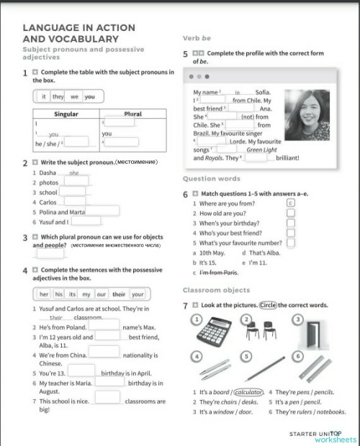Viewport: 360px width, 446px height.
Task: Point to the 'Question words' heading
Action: click(212, 179)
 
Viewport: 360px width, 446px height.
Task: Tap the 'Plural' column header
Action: click(132, 114)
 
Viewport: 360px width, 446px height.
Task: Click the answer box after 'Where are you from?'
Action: click(291, 204)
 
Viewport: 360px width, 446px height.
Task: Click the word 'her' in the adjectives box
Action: click(44, 294)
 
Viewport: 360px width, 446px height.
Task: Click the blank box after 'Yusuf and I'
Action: click(84, 222)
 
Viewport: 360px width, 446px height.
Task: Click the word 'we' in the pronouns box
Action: click(74, 96)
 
